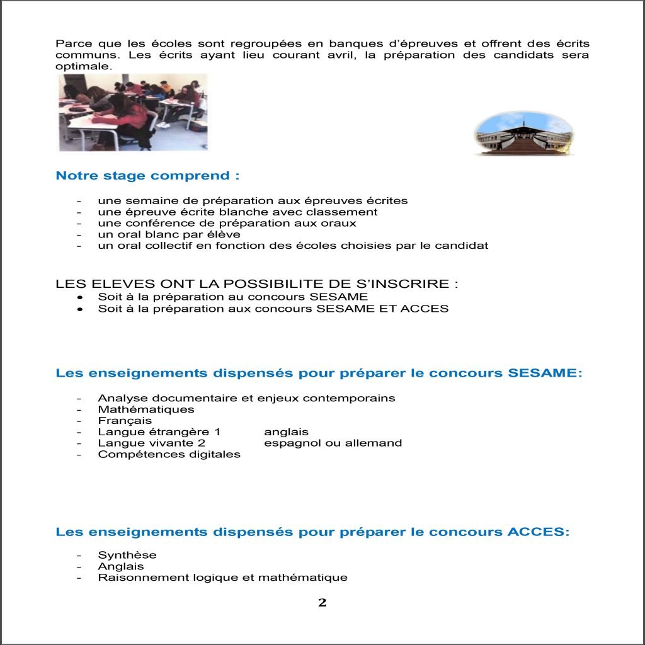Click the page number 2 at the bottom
tap(322, 603)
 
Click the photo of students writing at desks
tap(133, 112)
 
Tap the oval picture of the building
tap(523, 134)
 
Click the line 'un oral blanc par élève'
tap(160, 234)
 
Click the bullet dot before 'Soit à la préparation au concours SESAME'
tap(79, 297)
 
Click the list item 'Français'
tap(125, 420)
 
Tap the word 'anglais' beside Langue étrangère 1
tap(286, 431)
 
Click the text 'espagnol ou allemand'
tap(333, 443)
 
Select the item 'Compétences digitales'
tap(169, 454)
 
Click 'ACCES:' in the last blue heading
tap(538, 532)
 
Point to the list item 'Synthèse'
tap(127, 555)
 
